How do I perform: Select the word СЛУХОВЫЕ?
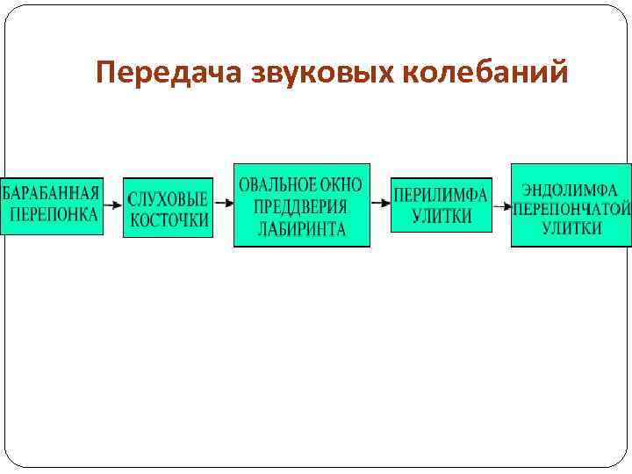[x=169, y=197]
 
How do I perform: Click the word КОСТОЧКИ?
[x=169, y=220]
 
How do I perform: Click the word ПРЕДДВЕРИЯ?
[x=301, y=207]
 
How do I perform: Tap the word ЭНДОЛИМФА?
[x=571, y=189]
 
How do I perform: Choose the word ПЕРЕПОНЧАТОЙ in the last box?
[x=572, y=209]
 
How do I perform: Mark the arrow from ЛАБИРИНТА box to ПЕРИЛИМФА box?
[x=380, y=203]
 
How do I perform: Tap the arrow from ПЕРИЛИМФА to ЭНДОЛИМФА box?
[x=501, y=207]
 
